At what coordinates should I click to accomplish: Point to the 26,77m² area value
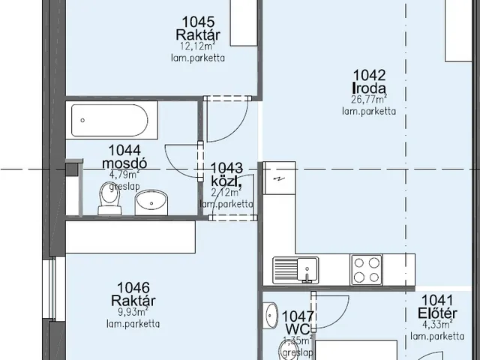coord(369,99)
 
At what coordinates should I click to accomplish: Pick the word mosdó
coord(124,163)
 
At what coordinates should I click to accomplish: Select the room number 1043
coord(227,169)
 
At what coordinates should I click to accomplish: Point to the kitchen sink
coord(295,268)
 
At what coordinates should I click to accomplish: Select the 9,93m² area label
coord(133,312)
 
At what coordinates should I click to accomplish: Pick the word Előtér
coord(438,313)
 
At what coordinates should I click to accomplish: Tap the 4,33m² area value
coord(438,325)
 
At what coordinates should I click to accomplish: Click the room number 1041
coord(438,299)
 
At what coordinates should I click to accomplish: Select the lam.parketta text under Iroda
coord(369,111)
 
